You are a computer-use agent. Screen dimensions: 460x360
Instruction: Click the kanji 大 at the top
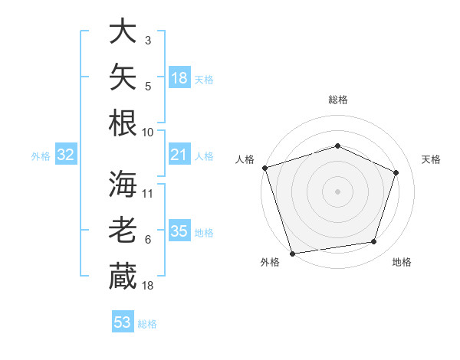(x=123, y=31)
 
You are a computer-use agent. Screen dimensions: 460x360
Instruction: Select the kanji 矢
(x=123, y=77)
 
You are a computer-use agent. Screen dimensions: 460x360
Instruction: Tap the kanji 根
(x=123, y=123)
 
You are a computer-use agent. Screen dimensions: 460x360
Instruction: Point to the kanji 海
(x=123, y=184)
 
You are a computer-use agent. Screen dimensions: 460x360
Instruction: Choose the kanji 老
(x=123, y=230)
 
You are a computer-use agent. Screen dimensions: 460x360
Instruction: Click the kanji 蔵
(x=123, y=276)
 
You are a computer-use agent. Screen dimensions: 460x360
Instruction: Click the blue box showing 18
(x=179, y=77)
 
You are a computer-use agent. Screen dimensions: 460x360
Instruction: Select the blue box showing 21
(x=179, y=154)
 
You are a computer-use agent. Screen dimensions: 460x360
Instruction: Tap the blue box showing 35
(x=179, y=230)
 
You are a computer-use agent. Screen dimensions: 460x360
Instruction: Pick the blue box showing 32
(x=66, y=154)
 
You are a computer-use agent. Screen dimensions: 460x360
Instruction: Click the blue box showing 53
(x=123, y=321)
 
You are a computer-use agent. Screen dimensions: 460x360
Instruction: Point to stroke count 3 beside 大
(x=148, y=41)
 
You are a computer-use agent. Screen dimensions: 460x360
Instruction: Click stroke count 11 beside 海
(x=147, y=194)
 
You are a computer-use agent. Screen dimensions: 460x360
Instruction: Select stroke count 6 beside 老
(x=148, y=240)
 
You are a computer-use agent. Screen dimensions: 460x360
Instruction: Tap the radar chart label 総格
(x=338, y=100)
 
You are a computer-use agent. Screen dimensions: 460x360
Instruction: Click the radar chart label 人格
(x=245, y=159)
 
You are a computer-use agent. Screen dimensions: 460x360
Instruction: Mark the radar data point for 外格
(x=292, y=254)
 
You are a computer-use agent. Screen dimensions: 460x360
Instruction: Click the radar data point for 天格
(x=396, y=172)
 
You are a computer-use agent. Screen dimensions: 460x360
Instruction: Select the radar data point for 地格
(x=374, y=241)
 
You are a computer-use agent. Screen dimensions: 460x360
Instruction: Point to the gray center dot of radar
(x=337, y=191)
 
